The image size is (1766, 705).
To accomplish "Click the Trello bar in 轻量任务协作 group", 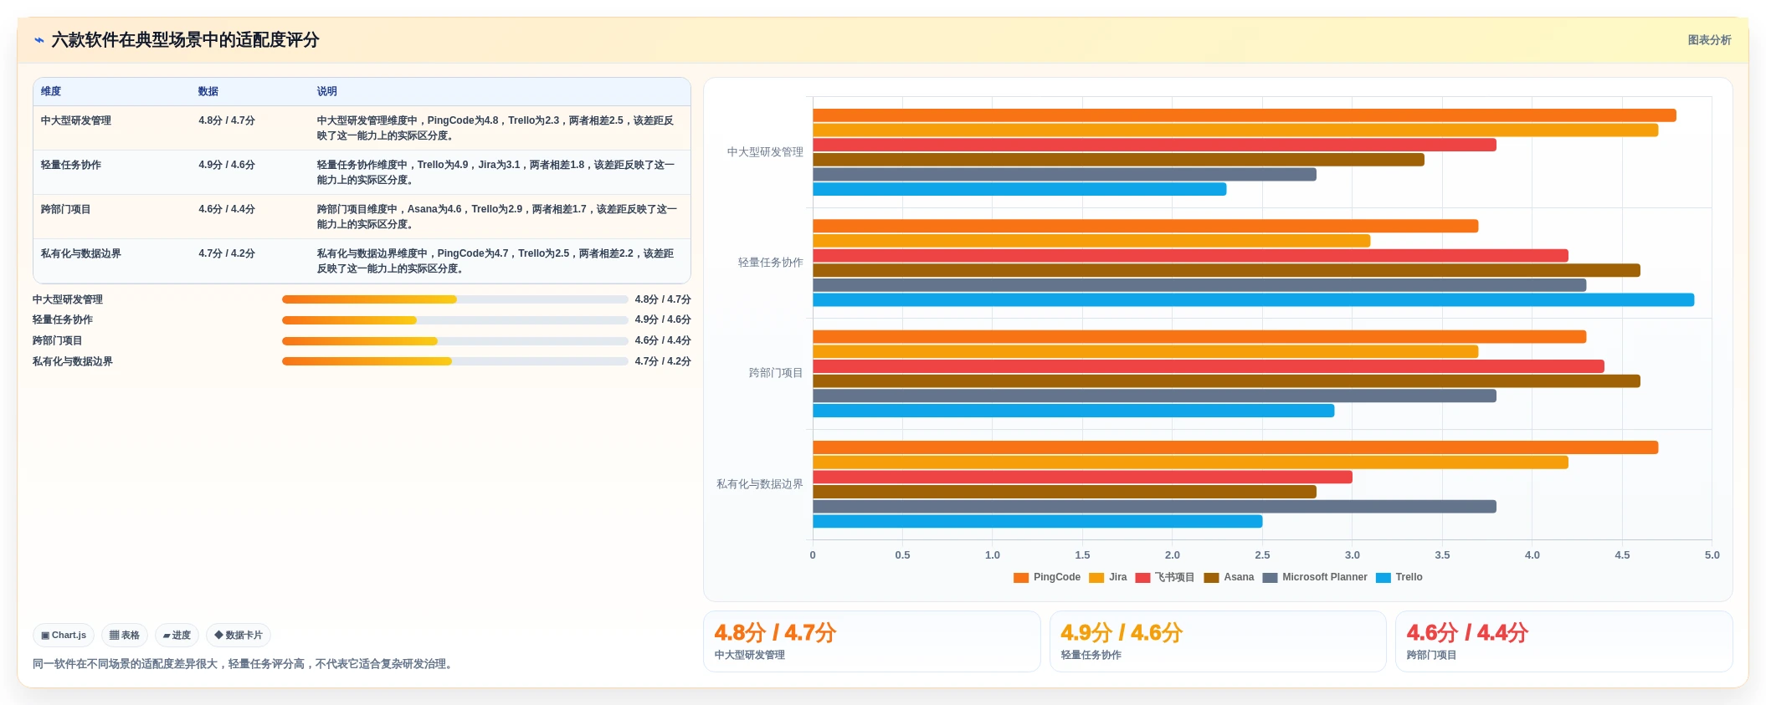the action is (1253, 300).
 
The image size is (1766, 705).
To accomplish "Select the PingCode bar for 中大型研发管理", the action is (1244, 115).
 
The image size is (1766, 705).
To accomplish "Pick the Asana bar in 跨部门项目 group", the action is (1226, 381).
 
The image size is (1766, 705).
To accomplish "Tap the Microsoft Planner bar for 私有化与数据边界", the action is (1154, 507).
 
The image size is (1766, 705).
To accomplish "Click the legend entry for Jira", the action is (1108, 577).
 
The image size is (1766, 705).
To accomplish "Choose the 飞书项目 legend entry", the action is (1165, 577).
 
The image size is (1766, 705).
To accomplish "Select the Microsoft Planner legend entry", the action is (1315, 577).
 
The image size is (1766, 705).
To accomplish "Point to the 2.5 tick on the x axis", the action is (1262, 555).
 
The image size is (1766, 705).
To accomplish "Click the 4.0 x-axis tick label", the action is (1532, 555).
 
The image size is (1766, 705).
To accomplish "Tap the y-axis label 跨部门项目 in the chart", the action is (775, 373).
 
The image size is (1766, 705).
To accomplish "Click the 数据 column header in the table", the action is (208, 91).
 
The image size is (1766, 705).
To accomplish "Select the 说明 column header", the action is (326, 91).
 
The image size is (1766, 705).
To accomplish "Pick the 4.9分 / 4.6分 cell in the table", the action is (227, 165).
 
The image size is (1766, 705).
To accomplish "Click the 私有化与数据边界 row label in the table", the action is (81, 253).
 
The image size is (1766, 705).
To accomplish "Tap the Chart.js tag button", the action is (64, 636).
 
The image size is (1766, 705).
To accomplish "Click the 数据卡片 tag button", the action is (239, 636).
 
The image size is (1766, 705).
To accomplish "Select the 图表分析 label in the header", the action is (1709, 40).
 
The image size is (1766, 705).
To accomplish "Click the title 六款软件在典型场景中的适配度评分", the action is (185, 40).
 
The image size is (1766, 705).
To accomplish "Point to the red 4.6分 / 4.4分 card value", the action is (1467, 633).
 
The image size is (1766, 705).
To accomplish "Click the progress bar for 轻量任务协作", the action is (454, 320).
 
